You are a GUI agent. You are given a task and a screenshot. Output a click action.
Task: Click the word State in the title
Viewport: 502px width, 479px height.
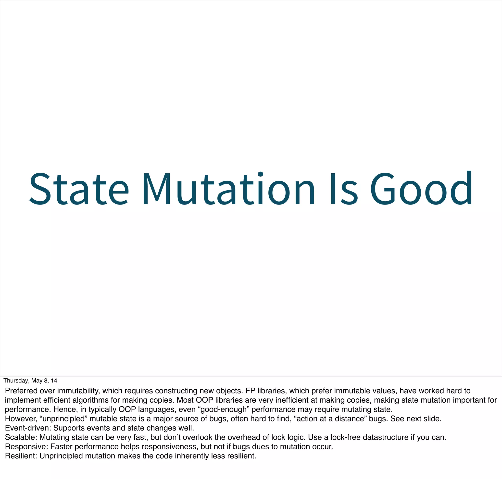[79, 189]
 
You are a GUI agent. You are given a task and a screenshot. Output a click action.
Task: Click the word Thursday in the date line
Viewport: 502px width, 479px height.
[16, 381]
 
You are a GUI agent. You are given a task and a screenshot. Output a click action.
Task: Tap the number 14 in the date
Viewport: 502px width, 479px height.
[54, 381]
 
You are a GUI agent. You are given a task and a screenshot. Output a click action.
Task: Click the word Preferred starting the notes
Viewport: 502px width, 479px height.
[21, 391]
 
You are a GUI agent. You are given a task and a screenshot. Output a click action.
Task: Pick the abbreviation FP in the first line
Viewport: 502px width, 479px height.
[250, 391]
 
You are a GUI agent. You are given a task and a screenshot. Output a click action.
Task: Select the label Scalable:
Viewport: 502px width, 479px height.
[21, 437]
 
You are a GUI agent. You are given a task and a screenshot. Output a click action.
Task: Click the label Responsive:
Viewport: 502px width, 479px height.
[26, 447]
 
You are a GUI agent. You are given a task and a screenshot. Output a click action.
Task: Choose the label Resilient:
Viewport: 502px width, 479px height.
[21, 456]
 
